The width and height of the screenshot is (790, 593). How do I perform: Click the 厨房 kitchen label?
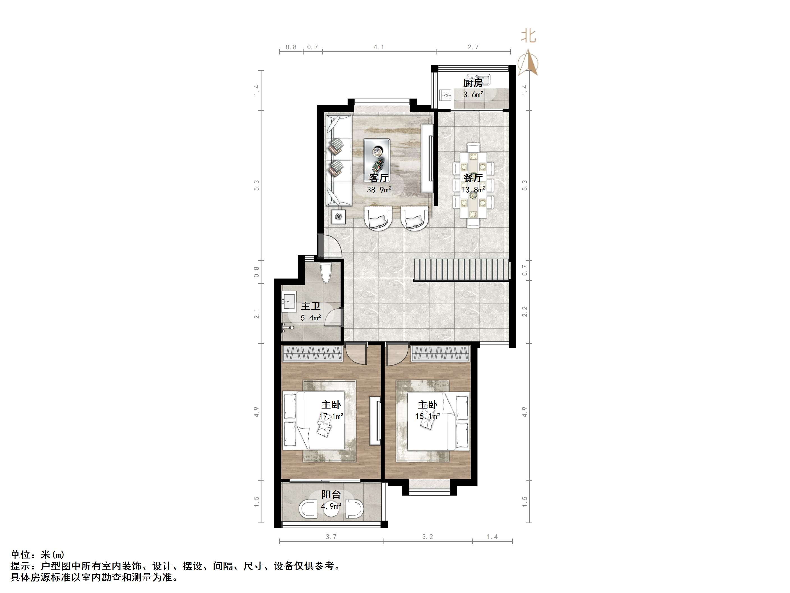[x=473, y=83]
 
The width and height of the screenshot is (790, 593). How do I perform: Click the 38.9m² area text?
[x=379, y=190]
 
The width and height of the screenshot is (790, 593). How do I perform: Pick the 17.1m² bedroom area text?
[x=331, y=416]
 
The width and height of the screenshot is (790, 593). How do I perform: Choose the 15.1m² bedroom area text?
[x=427, y=416]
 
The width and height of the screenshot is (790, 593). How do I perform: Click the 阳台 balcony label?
[x=331, y=494]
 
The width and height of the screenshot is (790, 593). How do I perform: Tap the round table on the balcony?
[x=331, y=510]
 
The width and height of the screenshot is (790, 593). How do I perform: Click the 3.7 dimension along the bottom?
[x=331, y=537]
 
